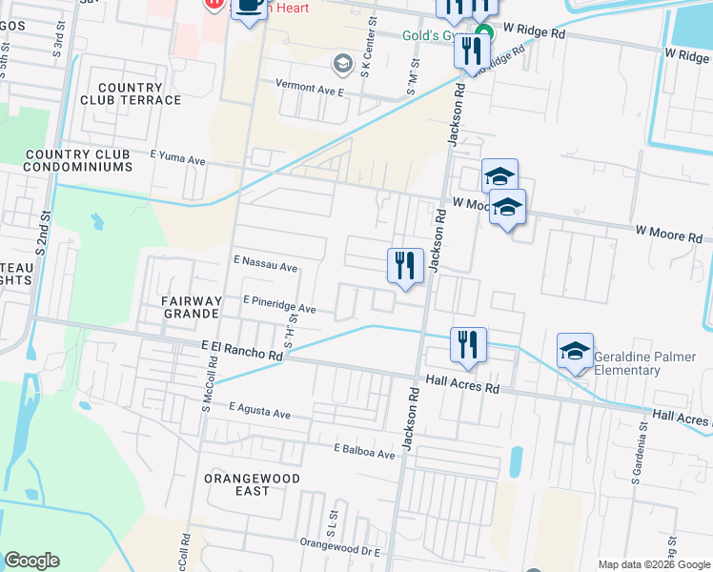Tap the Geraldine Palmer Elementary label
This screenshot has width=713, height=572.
point(640,363)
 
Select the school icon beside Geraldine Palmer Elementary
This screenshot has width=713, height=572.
point(576,351)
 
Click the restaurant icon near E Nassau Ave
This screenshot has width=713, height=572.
point(405,265)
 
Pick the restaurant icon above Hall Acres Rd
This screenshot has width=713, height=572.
point(468,344)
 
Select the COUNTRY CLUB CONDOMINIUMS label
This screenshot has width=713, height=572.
point(79,160)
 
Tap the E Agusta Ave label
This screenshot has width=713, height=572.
point(259,411)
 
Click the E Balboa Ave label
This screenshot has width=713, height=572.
point(363,451)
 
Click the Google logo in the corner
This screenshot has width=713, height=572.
point(31,560)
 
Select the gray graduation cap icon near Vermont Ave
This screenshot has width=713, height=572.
point(342,64)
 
